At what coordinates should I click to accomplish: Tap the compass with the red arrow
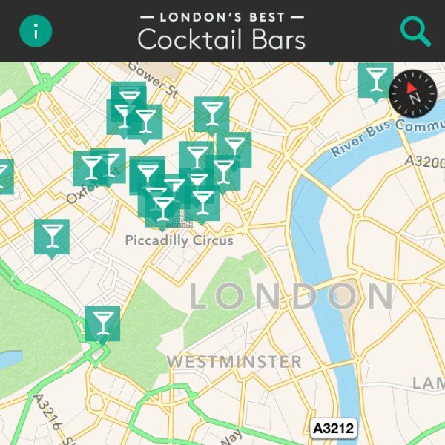(x=413, y=95)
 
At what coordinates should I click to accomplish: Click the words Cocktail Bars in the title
(x=221, y=39)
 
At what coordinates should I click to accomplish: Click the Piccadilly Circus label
(x=179, y=240)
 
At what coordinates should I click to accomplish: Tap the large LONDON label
(x=291, y=296)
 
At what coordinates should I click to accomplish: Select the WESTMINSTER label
(x=234, y=362)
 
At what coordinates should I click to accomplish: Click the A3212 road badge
(x=334, y=428)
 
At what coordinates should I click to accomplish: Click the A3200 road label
(x=423, y=160)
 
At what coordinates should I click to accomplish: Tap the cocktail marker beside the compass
(x=376, y=79)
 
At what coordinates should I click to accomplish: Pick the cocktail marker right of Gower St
(x=211, y=113)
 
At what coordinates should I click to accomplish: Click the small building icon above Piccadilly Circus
(x=178, y=219)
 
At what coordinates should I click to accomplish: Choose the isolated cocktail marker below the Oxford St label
(x=52, y=236)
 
